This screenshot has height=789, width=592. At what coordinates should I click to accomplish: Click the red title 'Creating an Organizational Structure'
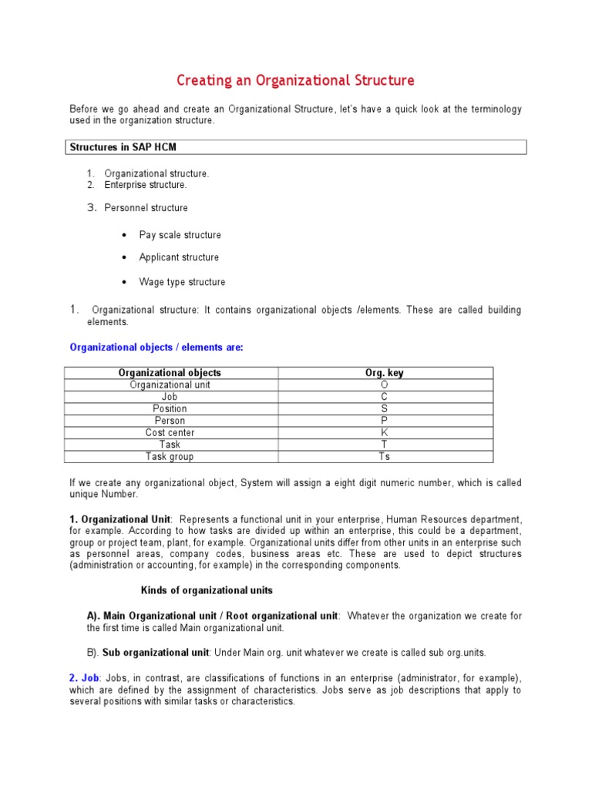pos(295,80)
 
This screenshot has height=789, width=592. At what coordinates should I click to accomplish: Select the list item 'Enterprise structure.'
pos(146,185)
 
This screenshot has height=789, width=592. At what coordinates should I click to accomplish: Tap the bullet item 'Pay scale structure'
pos(180,235)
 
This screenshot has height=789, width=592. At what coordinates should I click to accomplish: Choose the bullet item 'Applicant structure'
pos(179,257)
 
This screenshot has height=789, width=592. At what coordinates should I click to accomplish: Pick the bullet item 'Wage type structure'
pos(182,282)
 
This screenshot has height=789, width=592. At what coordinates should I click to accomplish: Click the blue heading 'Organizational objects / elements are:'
pos(156,347)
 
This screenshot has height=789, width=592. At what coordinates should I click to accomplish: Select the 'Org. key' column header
pos(384,373)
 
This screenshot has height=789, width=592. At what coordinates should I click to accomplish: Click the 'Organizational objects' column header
pos(170,373)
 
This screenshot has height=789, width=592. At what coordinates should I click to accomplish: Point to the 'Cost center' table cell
pos(170,432)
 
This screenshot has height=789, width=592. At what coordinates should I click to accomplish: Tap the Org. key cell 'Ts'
pos(384,456)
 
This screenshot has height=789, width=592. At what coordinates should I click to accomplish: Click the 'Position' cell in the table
pos(170,408)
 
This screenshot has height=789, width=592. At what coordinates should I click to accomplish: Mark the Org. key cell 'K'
pos(384,432)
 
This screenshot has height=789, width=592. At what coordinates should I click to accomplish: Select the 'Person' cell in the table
pos(170,421)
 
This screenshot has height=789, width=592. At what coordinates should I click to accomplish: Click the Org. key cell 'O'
pos(384,384)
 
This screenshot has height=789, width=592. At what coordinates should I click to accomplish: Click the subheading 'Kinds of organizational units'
pos(207,590)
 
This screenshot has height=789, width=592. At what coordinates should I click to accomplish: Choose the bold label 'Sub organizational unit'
pos(156,653)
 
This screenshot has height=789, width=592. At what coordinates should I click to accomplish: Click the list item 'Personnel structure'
pos(146,208)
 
